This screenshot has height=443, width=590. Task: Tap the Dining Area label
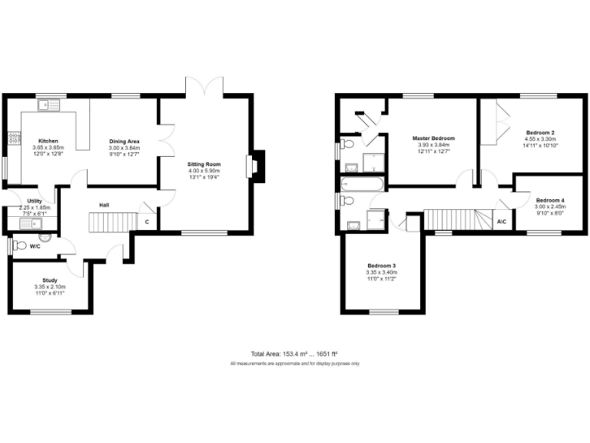(124, 142)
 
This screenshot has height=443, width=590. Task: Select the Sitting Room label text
(204, 164)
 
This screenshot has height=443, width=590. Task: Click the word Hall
(104, 205)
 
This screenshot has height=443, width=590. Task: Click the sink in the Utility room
(29, 224)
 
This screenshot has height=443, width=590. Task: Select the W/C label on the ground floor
(35, 247)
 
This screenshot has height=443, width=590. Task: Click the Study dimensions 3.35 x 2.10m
(50, 287)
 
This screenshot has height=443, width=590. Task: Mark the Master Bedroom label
(433, 138)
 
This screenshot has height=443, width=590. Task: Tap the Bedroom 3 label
(382, 265)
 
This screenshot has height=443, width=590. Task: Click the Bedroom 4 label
(550, 199)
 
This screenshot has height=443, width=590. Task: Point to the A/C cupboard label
(502, 221)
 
